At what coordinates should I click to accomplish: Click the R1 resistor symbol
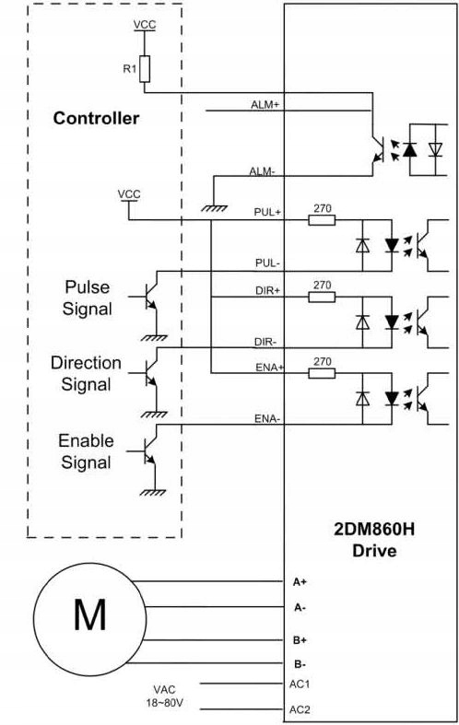(145, 69)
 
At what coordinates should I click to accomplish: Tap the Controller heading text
(96, 118)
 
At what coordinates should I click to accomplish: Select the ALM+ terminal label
(265, 104)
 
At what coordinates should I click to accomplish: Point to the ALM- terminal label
(263, 171)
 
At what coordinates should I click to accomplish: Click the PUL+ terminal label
(267, 212)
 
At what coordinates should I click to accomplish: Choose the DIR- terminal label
(265, 342)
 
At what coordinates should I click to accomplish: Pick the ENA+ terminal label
(269, 368)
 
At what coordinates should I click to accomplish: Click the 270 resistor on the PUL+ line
(322, 220)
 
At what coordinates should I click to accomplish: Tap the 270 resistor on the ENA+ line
(322, 373)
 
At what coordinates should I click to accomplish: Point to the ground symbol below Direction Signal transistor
(154, 415)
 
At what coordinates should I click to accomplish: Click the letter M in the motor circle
(89, 614)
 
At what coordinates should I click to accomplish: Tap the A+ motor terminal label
(300, 582)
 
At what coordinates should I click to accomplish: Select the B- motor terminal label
(300, 664)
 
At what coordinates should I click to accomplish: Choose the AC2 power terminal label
(300, 709)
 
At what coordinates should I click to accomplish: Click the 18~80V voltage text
(165, 703)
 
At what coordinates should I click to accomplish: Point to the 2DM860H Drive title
(374, 540)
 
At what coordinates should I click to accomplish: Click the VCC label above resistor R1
(145, 25)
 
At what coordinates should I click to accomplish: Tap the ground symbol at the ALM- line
(214, 208)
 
